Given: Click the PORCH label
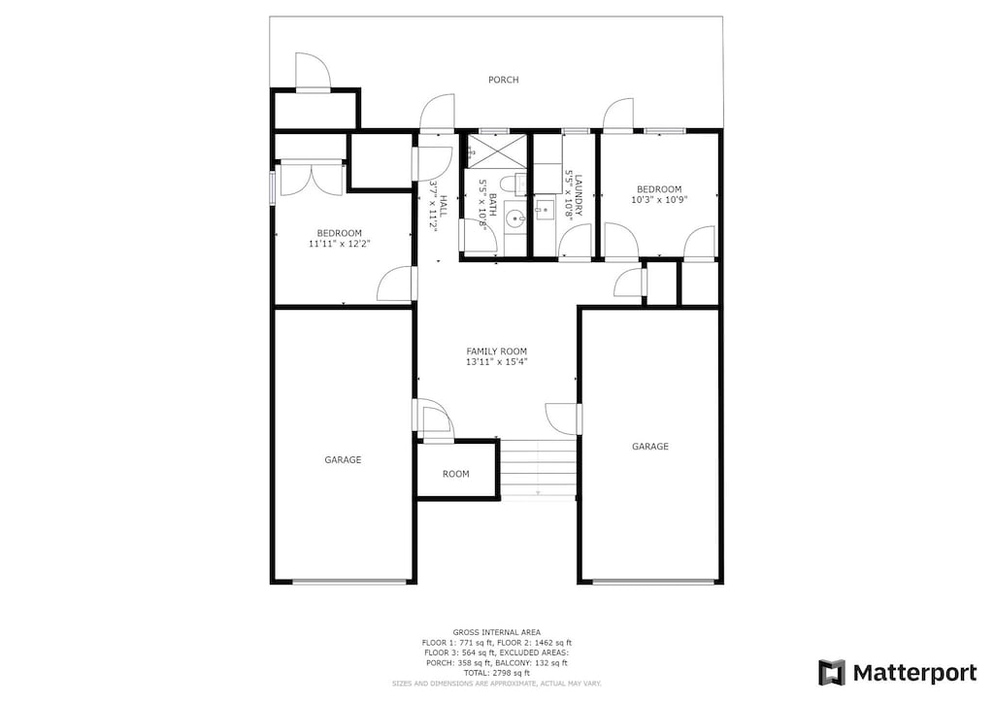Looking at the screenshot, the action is (504, 80).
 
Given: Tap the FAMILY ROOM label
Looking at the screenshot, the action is (496, 351).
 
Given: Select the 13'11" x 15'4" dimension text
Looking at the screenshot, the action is (496, 362).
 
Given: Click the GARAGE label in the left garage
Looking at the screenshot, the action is (343, 459).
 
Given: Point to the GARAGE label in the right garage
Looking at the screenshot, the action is (650, 447).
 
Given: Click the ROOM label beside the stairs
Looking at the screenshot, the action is (456, 474).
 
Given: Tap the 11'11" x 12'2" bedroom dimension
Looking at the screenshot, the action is (339, 244).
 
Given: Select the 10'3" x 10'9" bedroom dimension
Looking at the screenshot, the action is (659, 200).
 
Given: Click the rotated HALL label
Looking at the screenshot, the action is (443, 206).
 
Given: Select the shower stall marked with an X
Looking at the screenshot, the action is (496, 151).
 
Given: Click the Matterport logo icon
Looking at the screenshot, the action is (832, 673).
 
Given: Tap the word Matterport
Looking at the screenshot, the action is (914, 673).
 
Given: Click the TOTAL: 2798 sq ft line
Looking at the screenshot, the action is (496, 673).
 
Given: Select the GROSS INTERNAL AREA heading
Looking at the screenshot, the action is (496, 633).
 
